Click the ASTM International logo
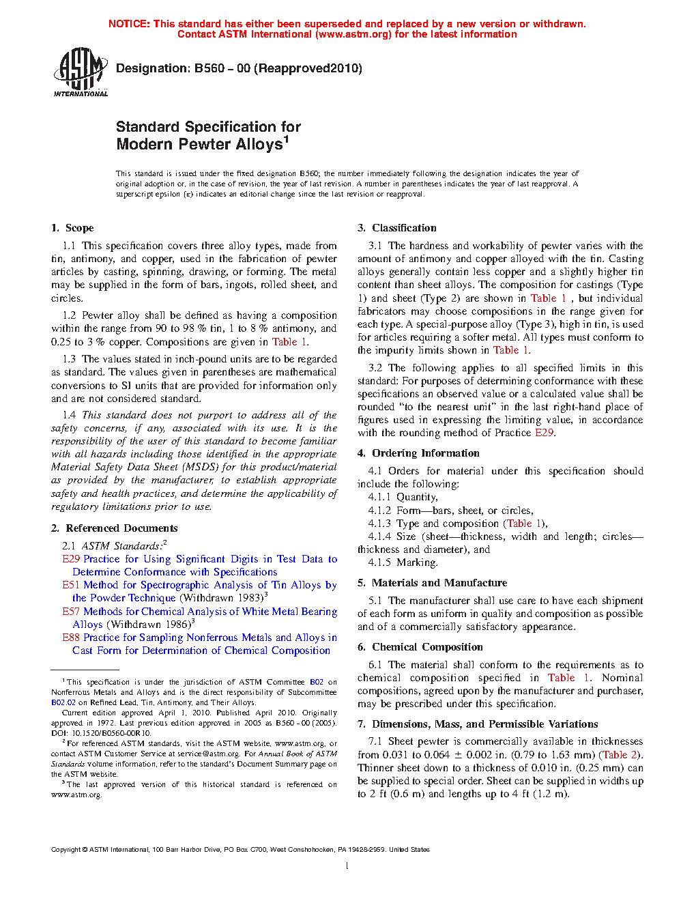tap(80, 72)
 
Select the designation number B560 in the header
tap(209, 68)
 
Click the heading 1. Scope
tap(72, 228)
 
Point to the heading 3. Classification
tap(397, 228)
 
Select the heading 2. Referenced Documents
tap(115, 528)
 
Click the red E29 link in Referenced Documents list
tap(71, 559)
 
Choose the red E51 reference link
tap(71, 585)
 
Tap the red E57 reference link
tap(71, 612)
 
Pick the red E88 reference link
tap(71, 638)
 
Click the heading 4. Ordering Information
tap(418, 453)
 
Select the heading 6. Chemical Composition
tap(420, 647)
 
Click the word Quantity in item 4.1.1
tap(417, 498)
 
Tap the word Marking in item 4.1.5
tap(417, 562)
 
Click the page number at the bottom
tap(347, 866)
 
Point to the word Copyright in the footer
tap(66, 850)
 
